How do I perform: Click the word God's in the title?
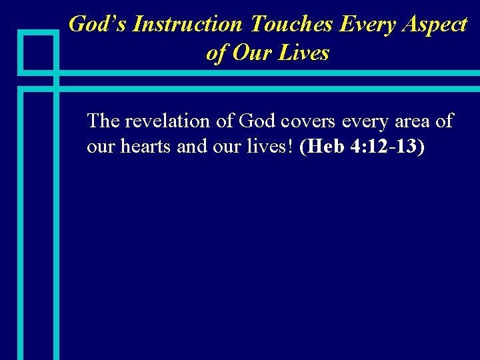(x=98, y=25)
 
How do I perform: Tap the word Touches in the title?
(x=291, y=25)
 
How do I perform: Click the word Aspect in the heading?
(x=435, y=25)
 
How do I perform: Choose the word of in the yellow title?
(x=216, y=53)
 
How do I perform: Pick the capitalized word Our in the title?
(x=250, y=53)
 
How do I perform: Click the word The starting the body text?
(x=103, y=121)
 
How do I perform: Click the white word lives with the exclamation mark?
(x=273, y=147)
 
